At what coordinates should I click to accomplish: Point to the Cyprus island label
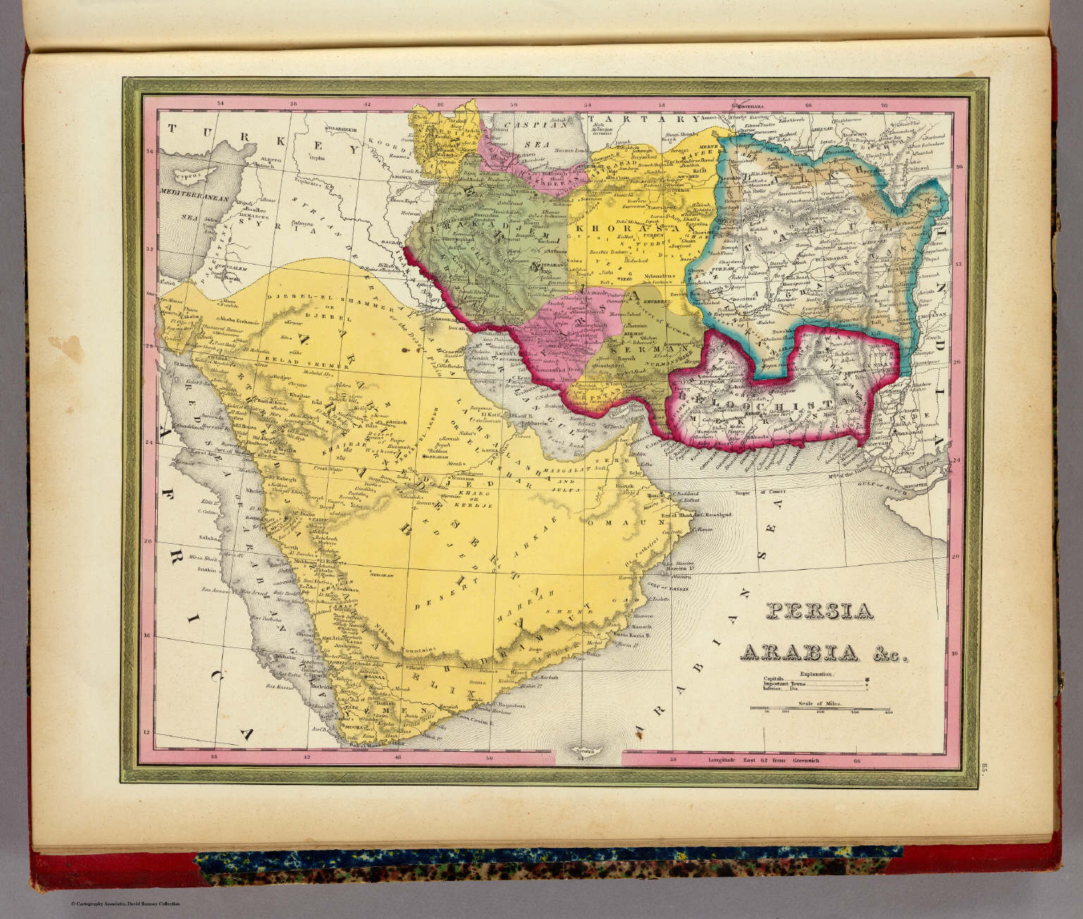[x=186, y=171]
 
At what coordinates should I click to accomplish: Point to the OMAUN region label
[x=604, y=523]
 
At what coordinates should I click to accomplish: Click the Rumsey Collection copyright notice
[x=125, y=904]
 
